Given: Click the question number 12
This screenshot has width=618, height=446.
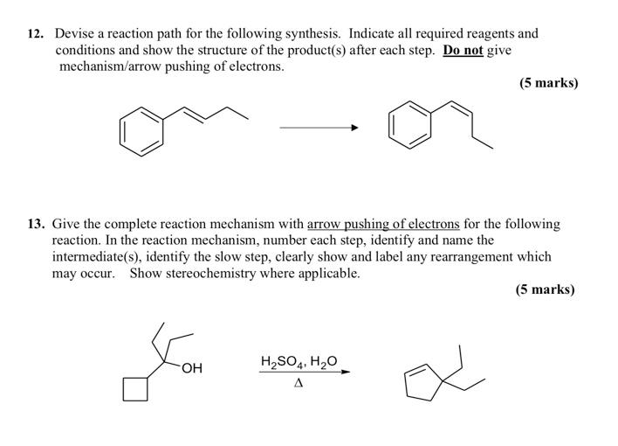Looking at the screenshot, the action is pyautogui.click(x=35, y=34).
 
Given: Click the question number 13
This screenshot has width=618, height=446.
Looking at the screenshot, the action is pyautogui.click(x=35, y=225).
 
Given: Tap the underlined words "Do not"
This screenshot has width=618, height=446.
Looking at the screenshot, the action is pyautogui.click(x=463, y=50).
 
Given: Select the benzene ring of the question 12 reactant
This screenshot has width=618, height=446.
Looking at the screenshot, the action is pyautogui.click(x=141, y=129).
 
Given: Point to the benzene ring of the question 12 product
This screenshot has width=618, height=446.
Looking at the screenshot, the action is pyautogui.click(x=410, y=123).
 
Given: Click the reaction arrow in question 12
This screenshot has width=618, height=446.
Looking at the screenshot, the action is pyautogui.click(x=319, y=128).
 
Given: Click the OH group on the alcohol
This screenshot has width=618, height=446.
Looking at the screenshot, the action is pyautogui.click(x=191, y=368).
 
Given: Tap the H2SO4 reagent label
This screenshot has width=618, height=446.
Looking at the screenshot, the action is pyautogui.click(x=280, y=360).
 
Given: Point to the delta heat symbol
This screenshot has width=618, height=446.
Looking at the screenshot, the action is pyautogui.click(x=299, y=383).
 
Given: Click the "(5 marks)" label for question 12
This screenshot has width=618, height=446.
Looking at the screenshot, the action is pyautogui.click(x=548, y=83).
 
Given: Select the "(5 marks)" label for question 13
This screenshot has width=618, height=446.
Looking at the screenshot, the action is pyautogui.click(x=545, y=289).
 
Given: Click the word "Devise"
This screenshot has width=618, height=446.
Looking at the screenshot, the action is pyautogui.click(x=78, y=34).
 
